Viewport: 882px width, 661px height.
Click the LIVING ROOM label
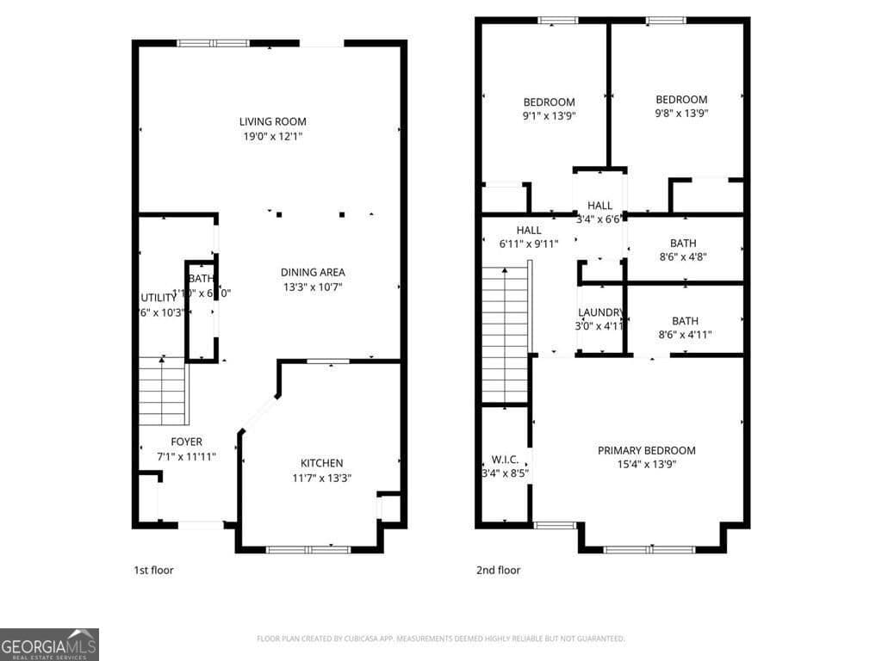[x=272, y=121]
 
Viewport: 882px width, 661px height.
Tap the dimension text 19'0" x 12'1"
[x=272, y=136]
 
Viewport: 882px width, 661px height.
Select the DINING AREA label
[x=312, y=272]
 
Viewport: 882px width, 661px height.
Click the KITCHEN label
[x=321, y=463]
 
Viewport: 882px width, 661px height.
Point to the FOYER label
[x=186, y=442]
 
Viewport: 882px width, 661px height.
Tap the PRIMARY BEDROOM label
[x=646, y=450]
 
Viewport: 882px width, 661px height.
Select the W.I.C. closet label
[x=504, y=459]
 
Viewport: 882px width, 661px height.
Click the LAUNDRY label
[x=599, y=312]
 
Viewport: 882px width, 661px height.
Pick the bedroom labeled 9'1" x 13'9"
[x=549, y=102]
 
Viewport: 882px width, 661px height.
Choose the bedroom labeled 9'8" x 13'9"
[x=680, y=100]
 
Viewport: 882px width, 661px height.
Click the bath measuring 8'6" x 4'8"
[x=684, y=244]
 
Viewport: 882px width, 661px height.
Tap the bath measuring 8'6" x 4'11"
[x=685, y=321]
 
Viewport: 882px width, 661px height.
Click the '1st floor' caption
[x=153, y=570]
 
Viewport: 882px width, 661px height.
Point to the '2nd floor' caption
[x=498, y=570]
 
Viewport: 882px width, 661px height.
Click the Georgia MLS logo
[x=49, y=645]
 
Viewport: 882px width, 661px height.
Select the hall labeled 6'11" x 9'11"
[x=529, y=230]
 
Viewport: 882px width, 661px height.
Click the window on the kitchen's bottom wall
[x=308, y=549]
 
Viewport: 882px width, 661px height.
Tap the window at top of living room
[x=214, y=43]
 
